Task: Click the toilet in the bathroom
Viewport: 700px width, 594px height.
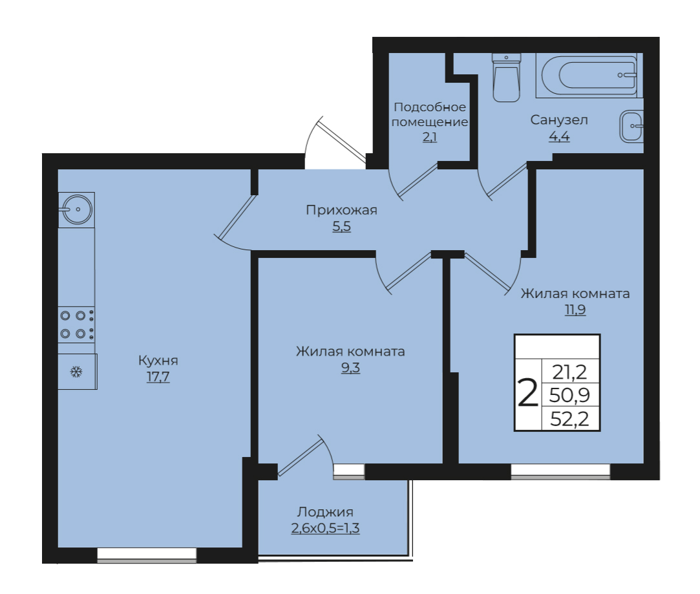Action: (x=506, y=77)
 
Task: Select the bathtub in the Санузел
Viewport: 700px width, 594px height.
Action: (x=589, y=75)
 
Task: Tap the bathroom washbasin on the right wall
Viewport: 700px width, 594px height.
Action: (x=631, y=126)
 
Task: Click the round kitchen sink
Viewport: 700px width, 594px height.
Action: (x=76, y=209)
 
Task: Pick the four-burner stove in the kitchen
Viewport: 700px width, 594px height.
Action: (x=76, y=324)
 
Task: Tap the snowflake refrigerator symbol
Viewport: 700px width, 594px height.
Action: (x=77, y=372)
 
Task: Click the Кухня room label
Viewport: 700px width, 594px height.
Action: (x=158, y=360)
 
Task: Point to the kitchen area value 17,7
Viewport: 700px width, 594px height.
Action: (x=158, y=377)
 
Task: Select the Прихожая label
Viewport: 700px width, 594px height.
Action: (x=341, y=210)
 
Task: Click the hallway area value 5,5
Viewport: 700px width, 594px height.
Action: (x=341, y=227)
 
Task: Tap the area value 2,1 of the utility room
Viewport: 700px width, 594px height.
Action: (x=429, y=137)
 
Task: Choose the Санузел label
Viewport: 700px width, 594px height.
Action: (x=559, y=120)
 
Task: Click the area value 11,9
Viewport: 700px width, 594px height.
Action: (x=575, y=310)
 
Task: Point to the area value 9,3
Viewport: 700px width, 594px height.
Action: (x=350, y=368)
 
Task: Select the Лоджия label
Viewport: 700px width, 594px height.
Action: (x=325, y=512)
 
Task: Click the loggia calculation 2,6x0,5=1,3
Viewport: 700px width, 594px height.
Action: (x=325, y=529)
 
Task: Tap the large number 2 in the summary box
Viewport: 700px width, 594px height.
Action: (x=527, y=392)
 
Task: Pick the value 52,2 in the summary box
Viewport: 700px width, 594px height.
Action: (x=569, y=419)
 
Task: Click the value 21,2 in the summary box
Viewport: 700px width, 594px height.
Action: (x=569, y=372)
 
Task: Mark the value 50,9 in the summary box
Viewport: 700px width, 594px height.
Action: (x=569, y=395)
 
